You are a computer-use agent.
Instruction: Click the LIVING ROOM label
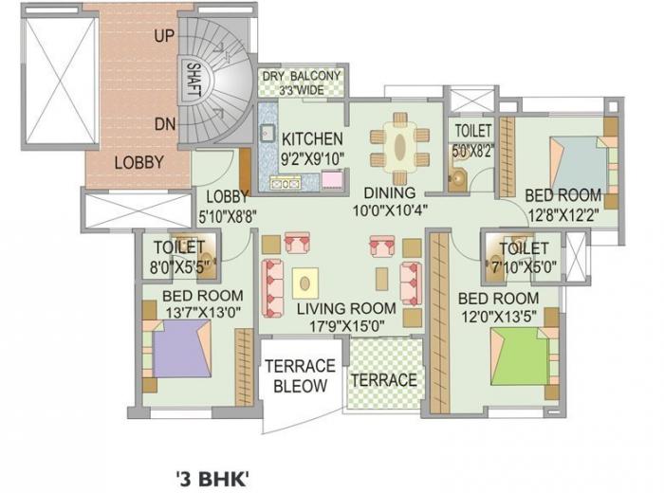(345, 308)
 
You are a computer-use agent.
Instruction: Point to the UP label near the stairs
(163, 36)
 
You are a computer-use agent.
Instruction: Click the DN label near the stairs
(163, 123)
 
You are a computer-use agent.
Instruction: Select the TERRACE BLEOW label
(300, 375)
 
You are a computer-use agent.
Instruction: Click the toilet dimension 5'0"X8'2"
(472, 149)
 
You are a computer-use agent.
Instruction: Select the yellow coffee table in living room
(304, 282)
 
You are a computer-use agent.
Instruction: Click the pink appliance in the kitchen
(331, 180)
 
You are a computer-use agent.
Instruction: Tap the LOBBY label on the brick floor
(138, 161)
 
